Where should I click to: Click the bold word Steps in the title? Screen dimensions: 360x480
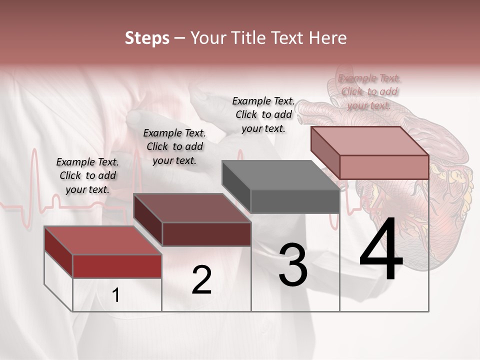pos(147,38)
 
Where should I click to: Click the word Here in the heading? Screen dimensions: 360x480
pos(328,38)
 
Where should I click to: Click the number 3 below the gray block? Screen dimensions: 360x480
pos(293,265)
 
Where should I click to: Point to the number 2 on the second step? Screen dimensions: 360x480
pos(201,280)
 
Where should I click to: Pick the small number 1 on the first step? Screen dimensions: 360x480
pos(116,295)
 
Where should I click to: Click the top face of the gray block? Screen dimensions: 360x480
pos(280,175)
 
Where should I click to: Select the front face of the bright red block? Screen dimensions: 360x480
pos(117,266)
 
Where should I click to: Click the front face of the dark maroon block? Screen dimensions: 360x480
pos(206,234)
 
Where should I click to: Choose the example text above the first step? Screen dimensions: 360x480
pos(87,175)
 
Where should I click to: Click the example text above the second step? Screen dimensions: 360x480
pos(174,146)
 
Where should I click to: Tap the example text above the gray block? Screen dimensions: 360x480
pos(263,114)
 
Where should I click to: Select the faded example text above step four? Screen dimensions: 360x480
pos(369,91)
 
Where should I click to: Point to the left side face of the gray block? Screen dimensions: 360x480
pos(236,186)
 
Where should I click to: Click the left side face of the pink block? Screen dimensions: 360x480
pos(325,152)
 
